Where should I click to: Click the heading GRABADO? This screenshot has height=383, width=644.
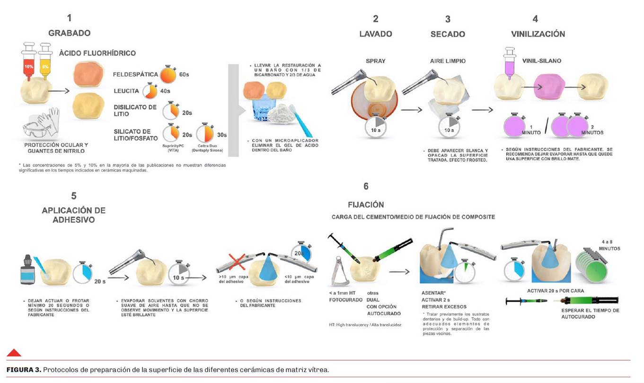[69, 33]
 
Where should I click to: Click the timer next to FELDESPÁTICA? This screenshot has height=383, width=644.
[168, 74]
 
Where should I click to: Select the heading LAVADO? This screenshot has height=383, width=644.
[375, 34]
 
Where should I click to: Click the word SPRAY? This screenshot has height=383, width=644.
[376, 61]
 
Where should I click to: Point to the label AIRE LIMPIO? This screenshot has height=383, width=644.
[448, 61]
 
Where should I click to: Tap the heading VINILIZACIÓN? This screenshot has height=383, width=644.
[538, 34]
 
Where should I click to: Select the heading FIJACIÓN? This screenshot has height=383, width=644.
[366, 205]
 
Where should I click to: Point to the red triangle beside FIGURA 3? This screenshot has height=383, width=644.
[14, 352]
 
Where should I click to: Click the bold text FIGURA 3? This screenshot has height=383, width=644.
[23, 369]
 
